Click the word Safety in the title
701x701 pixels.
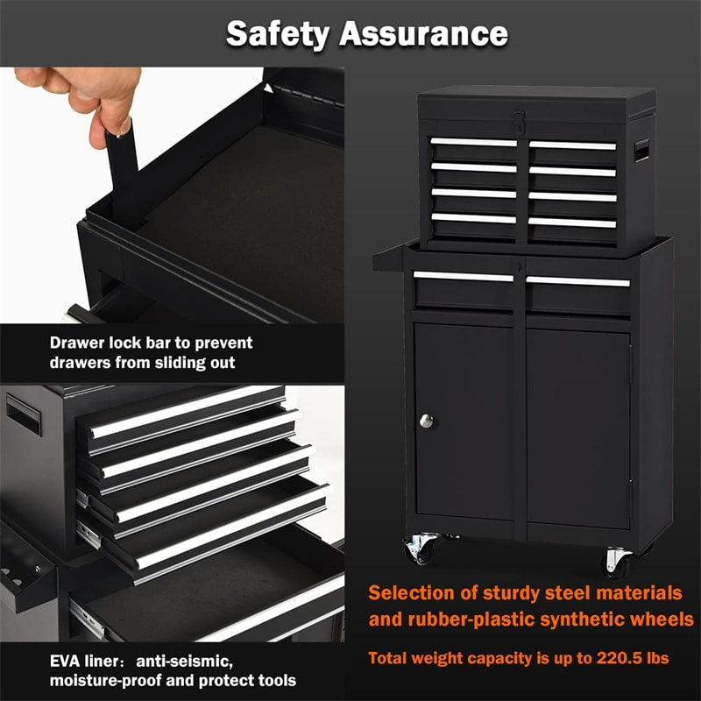point(278,33)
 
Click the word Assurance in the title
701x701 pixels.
point(425,33)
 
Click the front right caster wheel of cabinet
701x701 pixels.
point(617,559)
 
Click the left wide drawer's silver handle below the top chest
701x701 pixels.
point(464,277)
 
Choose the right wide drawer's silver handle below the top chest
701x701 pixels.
point(578,281)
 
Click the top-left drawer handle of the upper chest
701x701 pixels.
point(473,142)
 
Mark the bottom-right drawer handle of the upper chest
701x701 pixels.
point(572,223)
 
